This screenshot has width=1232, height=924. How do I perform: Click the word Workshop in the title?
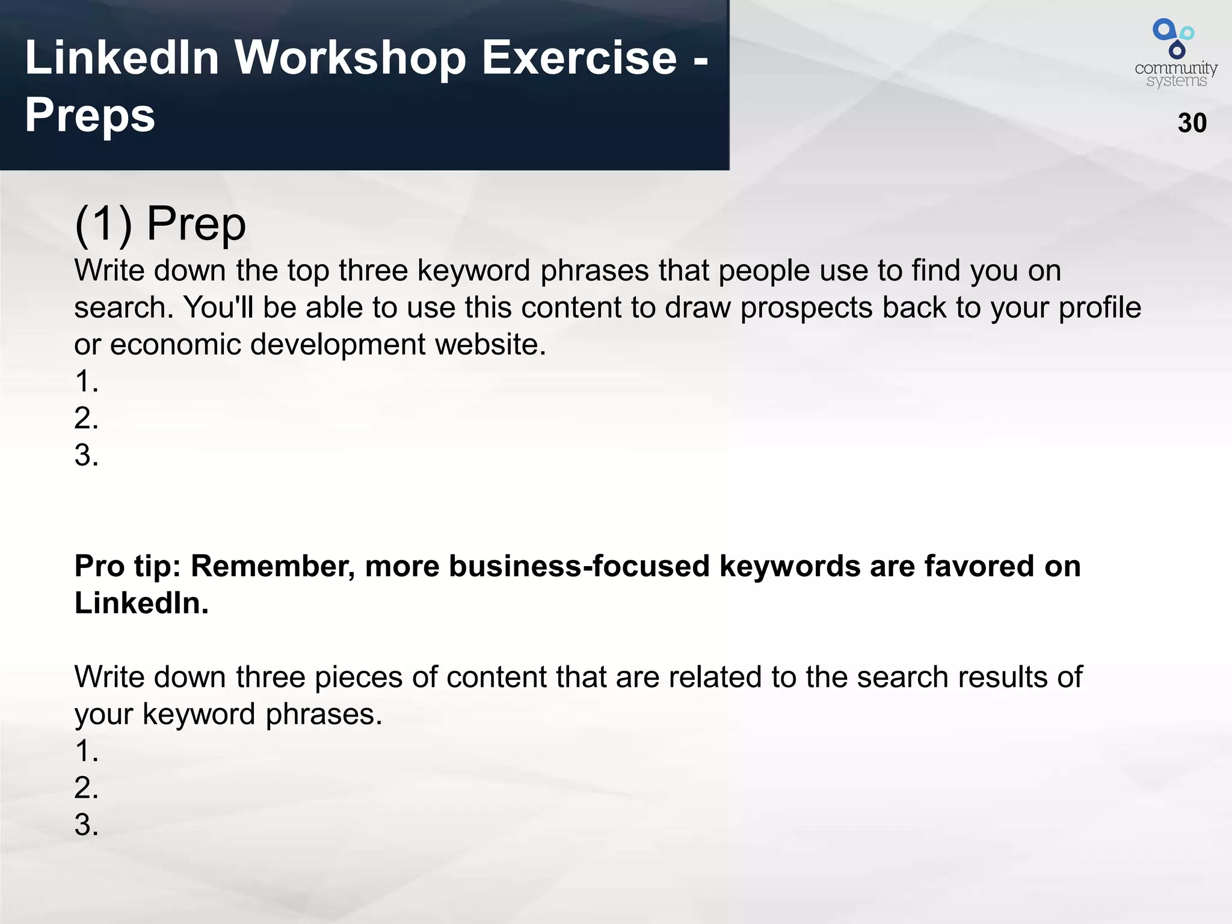coord(350,58)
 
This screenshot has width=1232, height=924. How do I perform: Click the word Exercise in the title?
coord(579,58)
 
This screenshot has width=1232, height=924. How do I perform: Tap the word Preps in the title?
coord(90,115)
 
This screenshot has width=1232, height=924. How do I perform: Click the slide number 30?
coord(1192,123)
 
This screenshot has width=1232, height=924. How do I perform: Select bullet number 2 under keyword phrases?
coord(86,418)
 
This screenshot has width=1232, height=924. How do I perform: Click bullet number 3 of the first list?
coord(86,455)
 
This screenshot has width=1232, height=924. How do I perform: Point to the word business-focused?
coord(579,567)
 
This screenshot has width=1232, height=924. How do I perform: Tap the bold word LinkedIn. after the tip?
coord(141,603)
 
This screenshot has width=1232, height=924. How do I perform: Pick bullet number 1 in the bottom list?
coord(86,751)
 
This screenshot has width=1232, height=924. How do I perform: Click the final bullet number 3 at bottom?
coord(86,825)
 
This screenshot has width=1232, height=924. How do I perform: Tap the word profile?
coord(1099,307)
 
